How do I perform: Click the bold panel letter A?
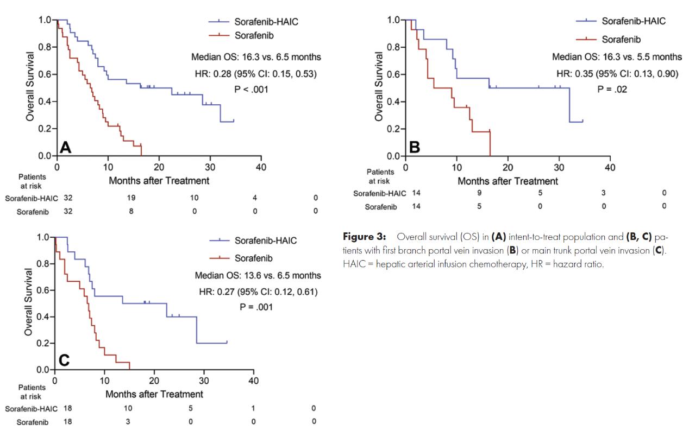pos(65,147)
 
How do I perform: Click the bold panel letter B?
pos(414,147)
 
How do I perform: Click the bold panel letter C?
pos(64,360)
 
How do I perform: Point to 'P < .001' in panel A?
pos(250,89)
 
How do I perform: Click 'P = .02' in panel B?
pos(612,89)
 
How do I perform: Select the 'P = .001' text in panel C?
pos(256,307)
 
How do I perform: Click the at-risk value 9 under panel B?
pos(479,193)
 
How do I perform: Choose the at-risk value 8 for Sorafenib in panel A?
pos(131,212)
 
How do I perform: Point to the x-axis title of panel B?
pos(508,181)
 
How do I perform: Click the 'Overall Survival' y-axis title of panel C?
pos(28,301)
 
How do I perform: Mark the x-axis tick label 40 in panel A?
pos(261,167)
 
